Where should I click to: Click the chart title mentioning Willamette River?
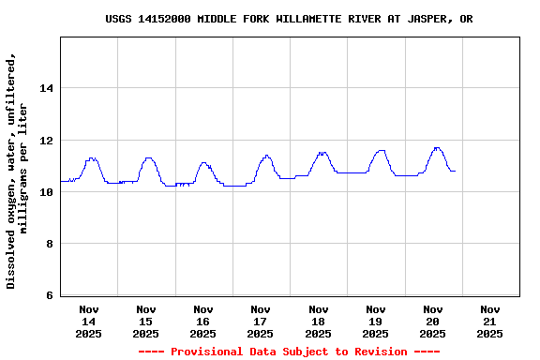(289, 19)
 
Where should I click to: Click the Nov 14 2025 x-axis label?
(89, 321)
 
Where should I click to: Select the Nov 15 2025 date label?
(146, 321)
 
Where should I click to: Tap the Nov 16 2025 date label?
(203, 321)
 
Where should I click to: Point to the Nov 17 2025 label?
(261, 321)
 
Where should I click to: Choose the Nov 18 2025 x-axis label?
(318, 321)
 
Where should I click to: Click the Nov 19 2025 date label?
(375, 321)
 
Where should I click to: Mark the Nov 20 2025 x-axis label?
(432, 321)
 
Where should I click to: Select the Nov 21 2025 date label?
(489, 321)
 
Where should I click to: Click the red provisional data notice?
(289, 352)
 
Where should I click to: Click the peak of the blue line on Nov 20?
(437, 147)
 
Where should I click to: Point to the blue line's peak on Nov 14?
(91, 157)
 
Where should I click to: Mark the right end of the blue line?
(455, 171)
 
